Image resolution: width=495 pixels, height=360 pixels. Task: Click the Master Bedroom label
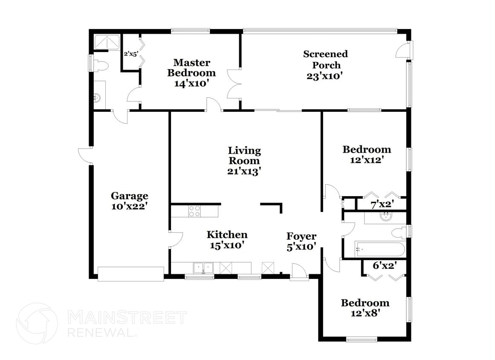point(191,68)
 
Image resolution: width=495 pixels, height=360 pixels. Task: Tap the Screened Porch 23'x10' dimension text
point(325,76)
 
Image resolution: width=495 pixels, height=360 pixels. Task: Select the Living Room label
point(244,156)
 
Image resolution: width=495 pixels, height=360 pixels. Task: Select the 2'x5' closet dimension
point(131,54)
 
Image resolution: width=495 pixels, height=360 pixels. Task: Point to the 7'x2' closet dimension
point(382,205)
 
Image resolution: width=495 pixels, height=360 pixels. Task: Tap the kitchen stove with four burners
point(195,211)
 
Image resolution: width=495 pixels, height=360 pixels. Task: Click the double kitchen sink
point(203,268)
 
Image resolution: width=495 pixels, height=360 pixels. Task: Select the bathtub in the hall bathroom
point(380,250)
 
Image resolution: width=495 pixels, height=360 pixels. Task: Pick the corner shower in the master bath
point(106,42)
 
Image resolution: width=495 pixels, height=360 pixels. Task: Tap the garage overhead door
point(130,274)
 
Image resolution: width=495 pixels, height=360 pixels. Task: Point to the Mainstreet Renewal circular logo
point(37,323)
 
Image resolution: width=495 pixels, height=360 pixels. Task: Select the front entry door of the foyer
point(299,272)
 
